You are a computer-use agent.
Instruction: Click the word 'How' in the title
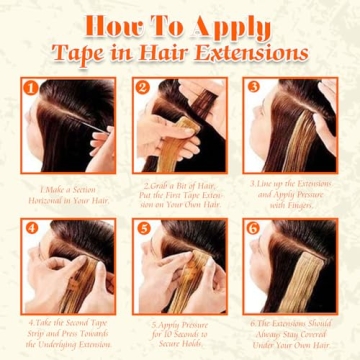[x=113, y=23]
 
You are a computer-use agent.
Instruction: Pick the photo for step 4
[x=68, y=266]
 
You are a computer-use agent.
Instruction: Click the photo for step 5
[x=179, y=266]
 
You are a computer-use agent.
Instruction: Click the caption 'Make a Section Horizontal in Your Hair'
[x=69, y=191]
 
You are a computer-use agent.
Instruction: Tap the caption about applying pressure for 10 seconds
[x=180, y=329]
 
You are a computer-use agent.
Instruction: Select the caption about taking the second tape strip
[x=69, y=329]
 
